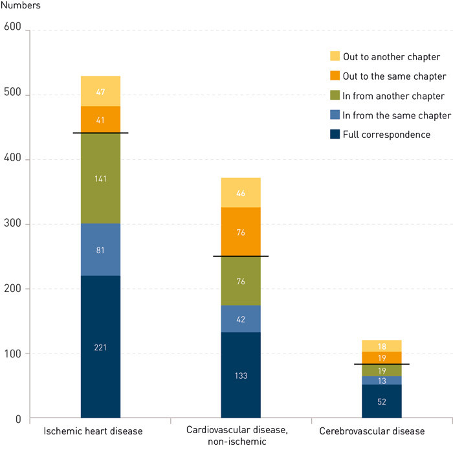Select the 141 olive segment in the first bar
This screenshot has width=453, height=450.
(x=100, y=178)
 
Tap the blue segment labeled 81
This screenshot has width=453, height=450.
(x=100, y=249)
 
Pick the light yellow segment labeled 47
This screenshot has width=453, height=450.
(x=100, y=91)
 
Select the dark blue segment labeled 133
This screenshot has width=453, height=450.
(x=241, y=375)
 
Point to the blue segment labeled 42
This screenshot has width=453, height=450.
(x=241, y=319)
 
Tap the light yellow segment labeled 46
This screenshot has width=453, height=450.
(x=241, y=192)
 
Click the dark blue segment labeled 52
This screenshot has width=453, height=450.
(x=382, y=401)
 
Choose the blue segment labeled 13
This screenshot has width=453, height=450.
(x=382, y=380)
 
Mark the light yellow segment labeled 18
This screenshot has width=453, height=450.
(x=382, y=346)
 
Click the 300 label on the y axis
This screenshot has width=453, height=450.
(x=13, y=224)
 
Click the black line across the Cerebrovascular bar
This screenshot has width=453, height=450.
(x=382, y=364)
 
